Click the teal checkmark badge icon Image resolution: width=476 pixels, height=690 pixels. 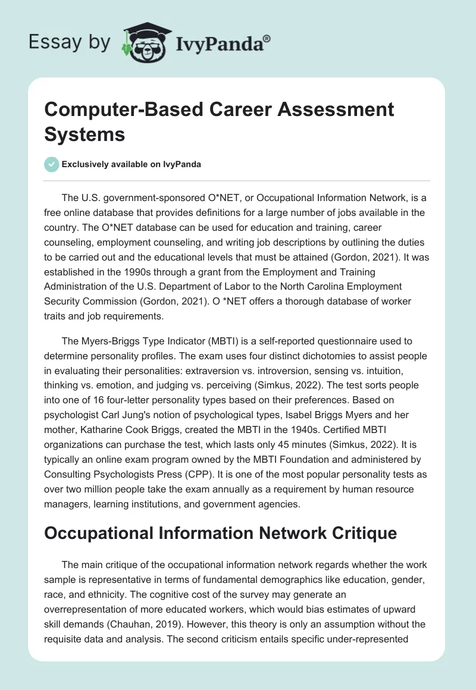click(x=52, y=164)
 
